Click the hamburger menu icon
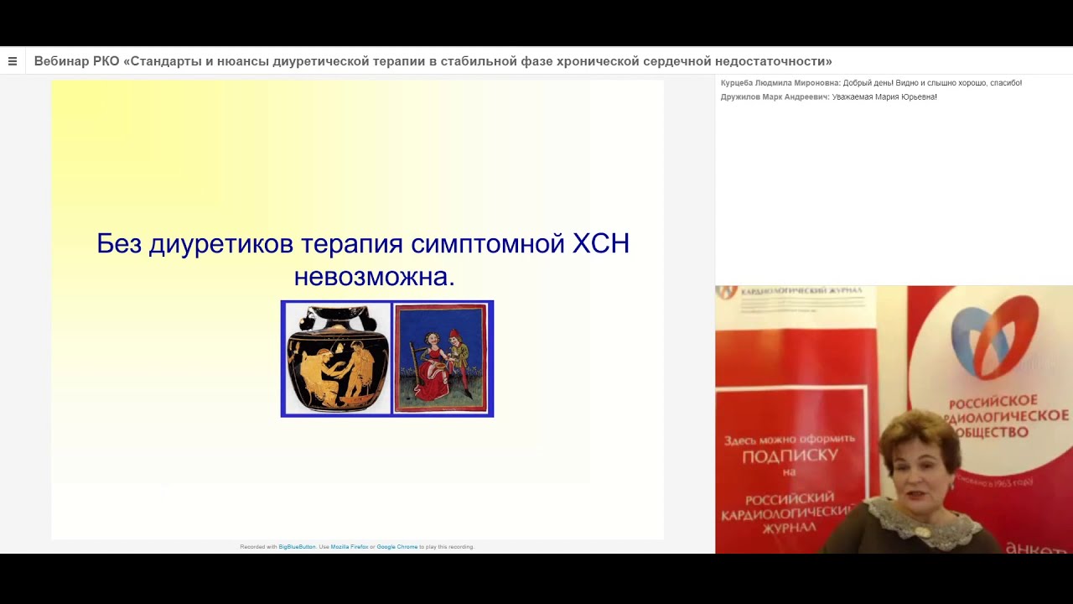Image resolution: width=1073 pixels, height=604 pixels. click(x=13, y=61)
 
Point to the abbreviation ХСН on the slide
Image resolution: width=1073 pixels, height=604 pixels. click(x=600, y=244)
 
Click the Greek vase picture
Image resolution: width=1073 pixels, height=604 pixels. click(x=336, y=359)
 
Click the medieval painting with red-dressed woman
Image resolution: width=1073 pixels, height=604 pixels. click(x=441, y=359)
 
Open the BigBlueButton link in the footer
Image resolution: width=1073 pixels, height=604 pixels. click(x=297, y=547)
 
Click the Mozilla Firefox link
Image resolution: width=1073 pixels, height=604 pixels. click(x=350, y=547)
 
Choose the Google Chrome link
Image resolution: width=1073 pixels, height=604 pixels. click(x=397, y=547)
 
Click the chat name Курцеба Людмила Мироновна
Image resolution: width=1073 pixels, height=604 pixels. click(x=780, y=83)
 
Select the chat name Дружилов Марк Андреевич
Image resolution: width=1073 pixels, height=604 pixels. click(x=775, y=97)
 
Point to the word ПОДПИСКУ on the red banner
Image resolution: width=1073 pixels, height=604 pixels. click(x=790, y=456)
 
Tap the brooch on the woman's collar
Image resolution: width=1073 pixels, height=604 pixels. click(x=922, y=530)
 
